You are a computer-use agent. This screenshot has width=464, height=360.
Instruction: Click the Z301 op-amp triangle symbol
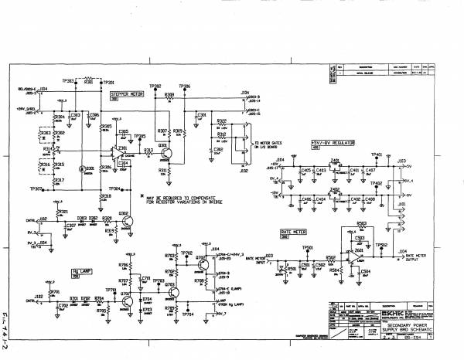click(122, 151)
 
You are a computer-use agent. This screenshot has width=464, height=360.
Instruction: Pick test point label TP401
click(378, 155)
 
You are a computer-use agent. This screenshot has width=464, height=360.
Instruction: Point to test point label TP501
click(307, 247)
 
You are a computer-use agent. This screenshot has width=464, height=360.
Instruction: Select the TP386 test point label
click(184, 86)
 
